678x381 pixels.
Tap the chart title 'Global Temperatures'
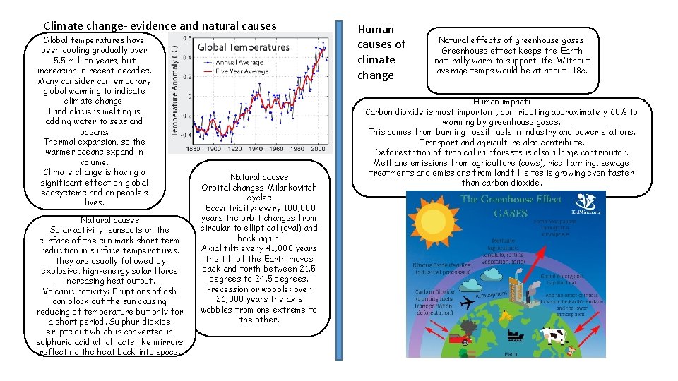[x=244, y=47]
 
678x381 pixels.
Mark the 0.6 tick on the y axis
[x=188, y=26]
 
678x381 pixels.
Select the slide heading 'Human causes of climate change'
[x=381, y=52]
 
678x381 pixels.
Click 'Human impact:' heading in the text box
[x=501, y=102]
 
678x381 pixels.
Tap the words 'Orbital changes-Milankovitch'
[x=259, y=188]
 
